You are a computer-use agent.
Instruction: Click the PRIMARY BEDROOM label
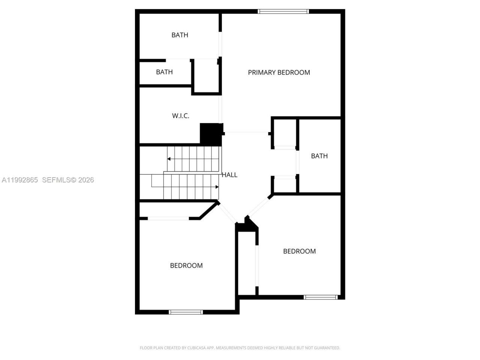pyautogui.click(x=279, y=72)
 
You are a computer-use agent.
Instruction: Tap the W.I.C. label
pyautogui.click(x=181, y=116)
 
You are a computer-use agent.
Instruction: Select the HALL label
pyautogui.click(x=229, y=175)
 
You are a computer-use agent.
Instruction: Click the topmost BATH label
pyautogui.click(x=180, y=35)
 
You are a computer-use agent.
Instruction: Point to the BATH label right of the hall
pyautogui.click(x=319, y=156)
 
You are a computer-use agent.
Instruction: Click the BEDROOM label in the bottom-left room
pyautogui.click(x=186, y=265)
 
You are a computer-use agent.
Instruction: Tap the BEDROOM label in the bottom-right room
pyautogui.click(x=299, y=251)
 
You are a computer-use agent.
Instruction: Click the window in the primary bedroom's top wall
pyautogui.click(x=283, y=12)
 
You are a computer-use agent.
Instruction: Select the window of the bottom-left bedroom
pyautogui.click(x=186, y=312)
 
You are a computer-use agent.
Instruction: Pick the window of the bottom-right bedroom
pyautogui.click(x=321, y=297)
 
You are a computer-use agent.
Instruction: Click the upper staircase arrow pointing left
pyautogui.click(x=169, y=159)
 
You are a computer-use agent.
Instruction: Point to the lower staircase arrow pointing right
pyautogui.click(x=217, y=187)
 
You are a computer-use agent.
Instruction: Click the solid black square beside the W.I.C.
pyautogui.click(x=211, y=134)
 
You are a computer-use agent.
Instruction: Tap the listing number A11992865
pyautogui.click(x=20, y=180)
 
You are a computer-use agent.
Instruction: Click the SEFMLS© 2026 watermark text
pyautogui.click(x=68, y=180)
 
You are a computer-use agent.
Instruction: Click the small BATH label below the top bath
pyautogui.click(x=164, y=72)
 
